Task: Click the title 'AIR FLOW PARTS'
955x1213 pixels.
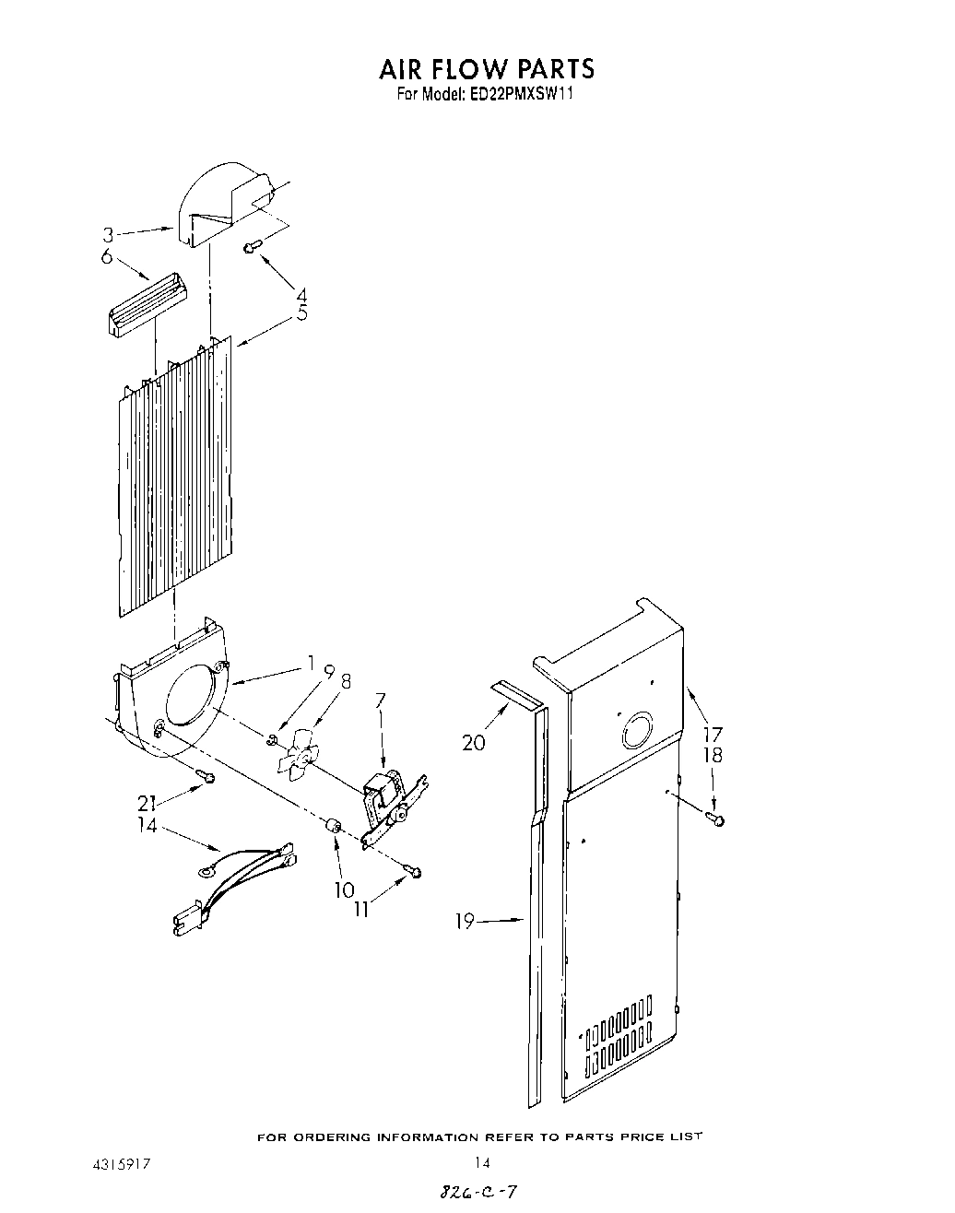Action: click(486, 68)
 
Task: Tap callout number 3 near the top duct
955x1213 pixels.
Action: click(108, 235)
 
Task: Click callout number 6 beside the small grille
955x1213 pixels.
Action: click(107, 257)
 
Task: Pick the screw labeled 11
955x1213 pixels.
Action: click(416, 871)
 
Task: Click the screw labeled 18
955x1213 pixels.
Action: click(716, 818)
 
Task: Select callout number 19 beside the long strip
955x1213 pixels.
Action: click(466, 920)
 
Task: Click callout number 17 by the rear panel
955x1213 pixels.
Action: click(712, 735)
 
